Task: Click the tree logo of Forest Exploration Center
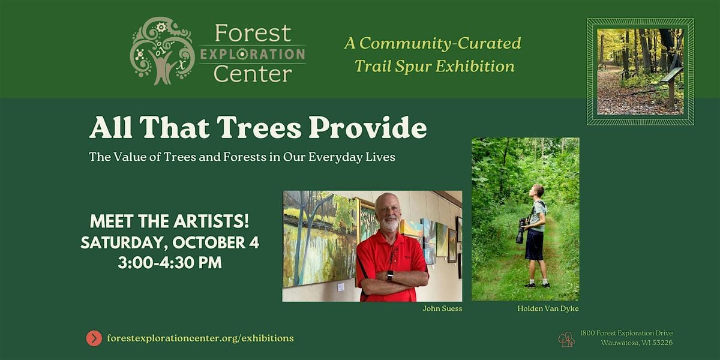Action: click(162, 51)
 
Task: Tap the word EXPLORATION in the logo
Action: click(253, 55)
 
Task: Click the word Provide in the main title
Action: click(367, 128)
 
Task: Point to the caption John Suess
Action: click(442, 308)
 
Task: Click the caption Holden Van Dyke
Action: click(548, 308)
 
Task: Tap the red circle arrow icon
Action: click(94, 338)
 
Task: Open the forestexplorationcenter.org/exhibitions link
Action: click(200, 338)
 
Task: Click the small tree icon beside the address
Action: click(566, 340)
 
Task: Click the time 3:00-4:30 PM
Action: click(170, 263)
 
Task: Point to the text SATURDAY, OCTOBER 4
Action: click(170, 242)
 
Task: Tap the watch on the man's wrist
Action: click(389, 276)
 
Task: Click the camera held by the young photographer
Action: click(521, 230)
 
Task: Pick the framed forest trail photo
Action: click(640, 71)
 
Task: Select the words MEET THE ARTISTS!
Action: click(169, 221)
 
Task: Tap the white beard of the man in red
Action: click(389, 224)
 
